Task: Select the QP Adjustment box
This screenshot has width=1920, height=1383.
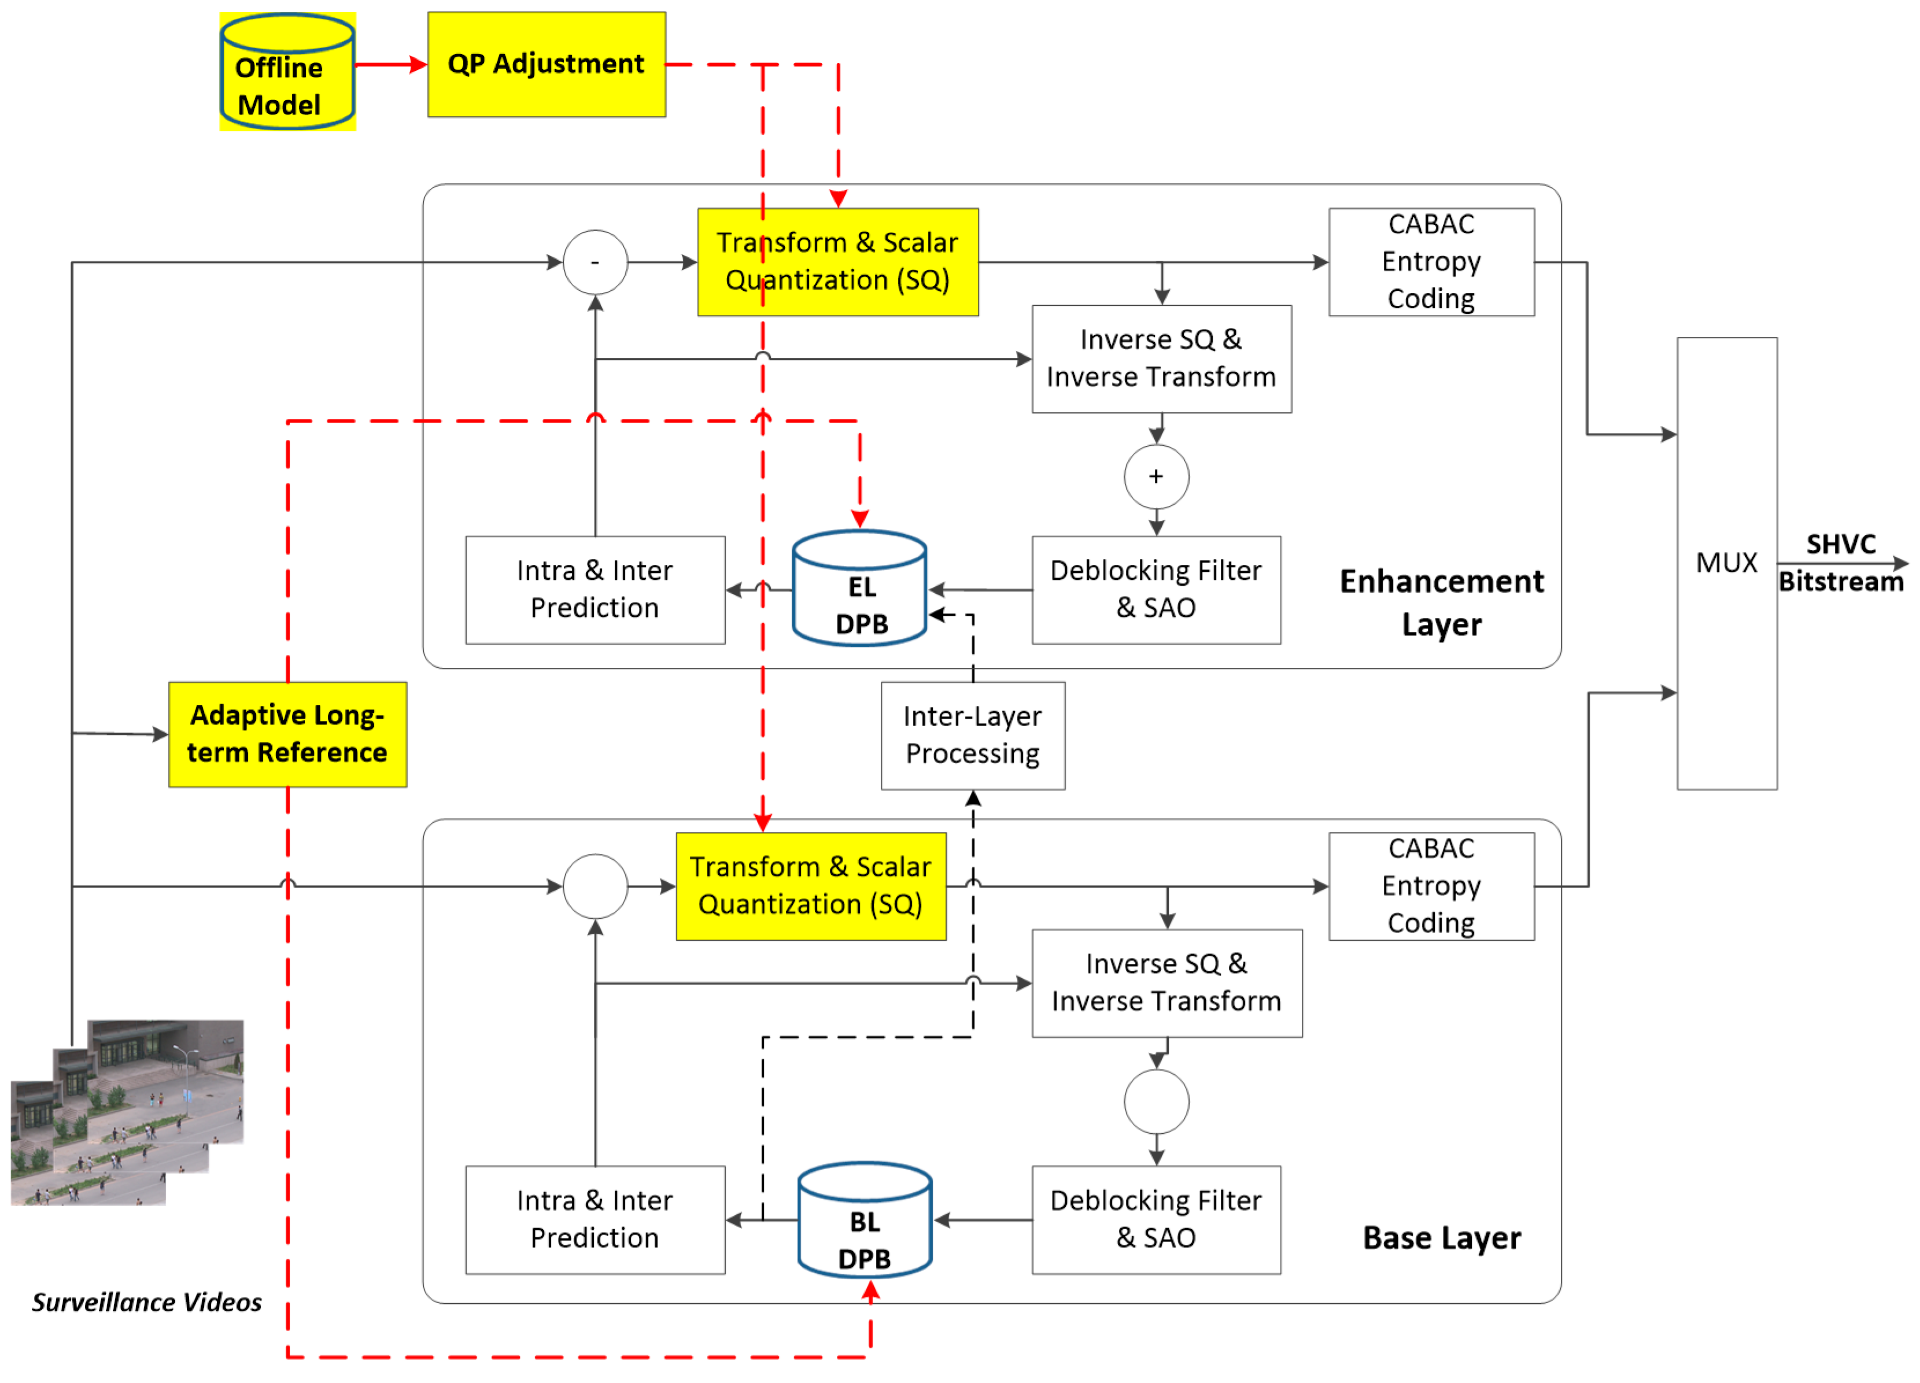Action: (546, 64)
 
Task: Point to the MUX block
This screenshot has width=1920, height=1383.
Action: (1726, 563)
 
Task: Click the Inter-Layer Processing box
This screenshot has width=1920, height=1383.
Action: (973, 735)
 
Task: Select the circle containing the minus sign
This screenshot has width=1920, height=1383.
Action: (595, 262)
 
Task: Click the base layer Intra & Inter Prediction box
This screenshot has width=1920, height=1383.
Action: (595, 1219)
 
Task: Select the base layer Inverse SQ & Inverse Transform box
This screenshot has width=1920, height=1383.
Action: (1166, 983)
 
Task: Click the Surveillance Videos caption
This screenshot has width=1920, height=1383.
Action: (146, 1301)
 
